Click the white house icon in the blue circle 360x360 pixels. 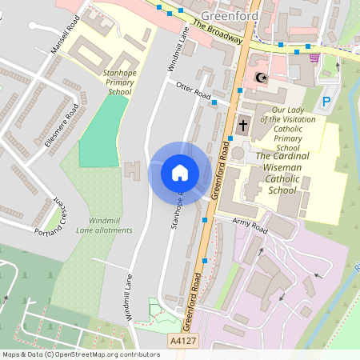[179, 172]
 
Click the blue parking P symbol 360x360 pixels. [326, 102]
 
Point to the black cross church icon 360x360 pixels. [243, 124]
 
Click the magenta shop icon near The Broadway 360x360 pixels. [314, 58]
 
